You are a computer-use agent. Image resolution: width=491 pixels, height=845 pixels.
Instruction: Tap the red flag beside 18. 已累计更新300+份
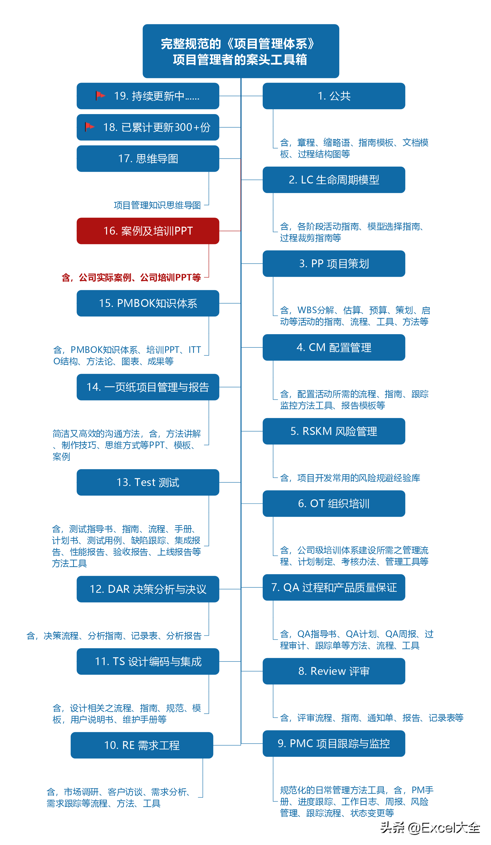[90, 127]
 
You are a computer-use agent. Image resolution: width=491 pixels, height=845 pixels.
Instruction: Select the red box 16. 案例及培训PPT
[148, 231]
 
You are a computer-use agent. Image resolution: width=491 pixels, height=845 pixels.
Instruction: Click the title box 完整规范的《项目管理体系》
[241, 51]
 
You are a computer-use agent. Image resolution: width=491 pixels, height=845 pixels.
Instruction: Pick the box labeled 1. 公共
[334, 96]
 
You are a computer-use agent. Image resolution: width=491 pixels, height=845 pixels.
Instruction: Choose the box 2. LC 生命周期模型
[334, 180]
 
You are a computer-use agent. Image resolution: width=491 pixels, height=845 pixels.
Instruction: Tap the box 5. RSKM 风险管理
[334, 431]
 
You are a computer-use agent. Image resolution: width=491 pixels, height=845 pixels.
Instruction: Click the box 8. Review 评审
[334, 671]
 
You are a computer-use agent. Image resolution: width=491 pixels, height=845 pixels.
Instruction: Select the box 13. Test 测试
[148, 482]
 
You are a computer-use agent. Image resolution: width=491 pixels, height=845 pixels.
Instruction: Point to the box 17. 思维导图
[148, 158]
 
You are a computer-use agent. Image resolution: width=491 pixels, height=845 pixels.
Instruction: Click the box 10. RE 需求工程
[142, 745]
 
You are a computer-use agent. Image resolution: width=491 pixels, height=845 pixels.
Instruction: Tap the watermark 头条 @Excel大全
[430, 828]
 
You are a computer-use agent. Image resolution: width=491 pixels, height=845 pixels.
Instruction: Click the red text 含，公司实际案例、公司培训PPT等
[131, 277]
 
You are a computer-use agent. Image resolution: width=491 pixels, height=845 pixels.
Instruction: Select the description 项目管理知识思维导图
[157, 205]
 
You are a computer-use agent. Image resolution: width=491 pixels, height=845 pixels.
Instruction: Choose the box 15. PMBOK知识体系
[148, 303]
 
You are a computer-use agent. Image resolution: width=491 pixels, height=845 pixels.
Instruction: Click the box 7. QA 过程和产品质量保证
[334, 587]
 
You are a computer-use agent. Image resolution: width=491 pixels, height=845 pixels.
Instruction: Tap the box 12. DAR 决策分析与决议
[148, 589]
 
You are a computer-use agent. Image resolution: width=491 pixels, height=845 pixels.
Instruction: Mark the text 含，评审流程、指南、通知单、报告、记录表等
[371, 718]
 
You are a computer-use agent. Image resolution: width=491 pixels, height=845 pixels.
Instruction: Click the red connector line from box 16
[230, 231]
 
